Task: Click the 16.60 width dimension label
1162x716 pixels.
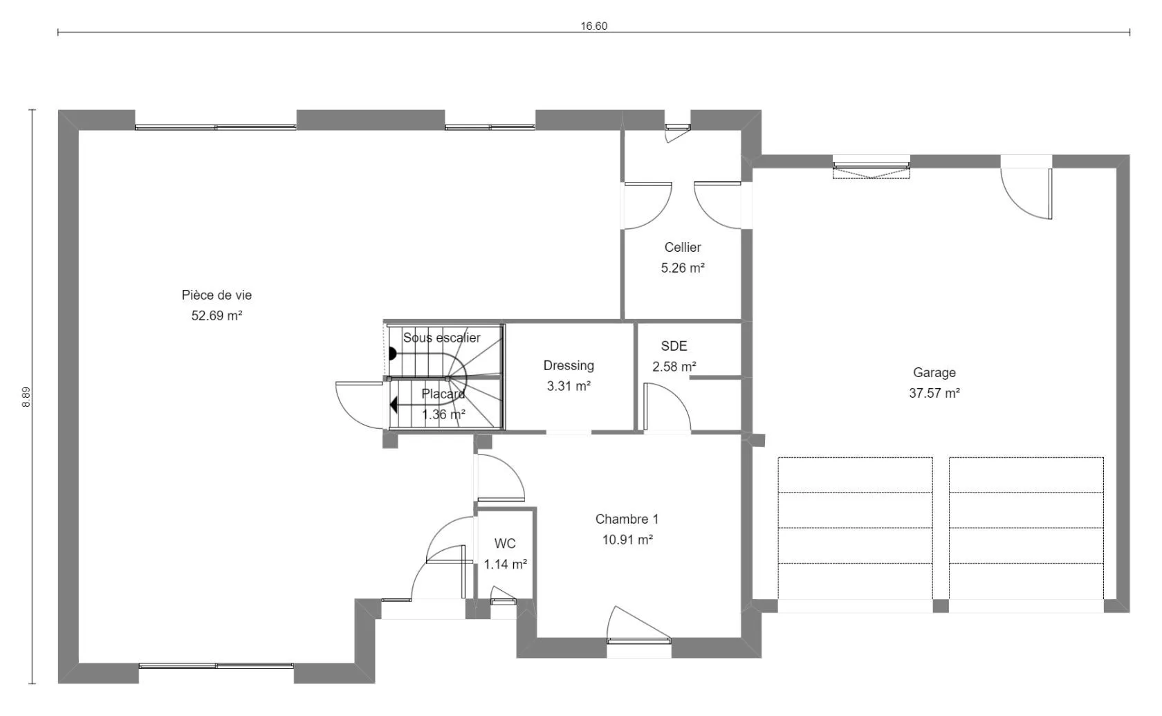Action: pyautogui.click(x=593, y=26)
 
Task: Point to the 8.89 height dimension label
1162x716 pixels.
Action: pyautogui.click(x=26, y=397)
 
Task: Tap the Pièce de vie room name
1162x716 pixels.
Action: pyautogui.click(x=217, y=295)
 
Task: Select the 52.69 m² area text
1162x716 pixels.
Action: pyautogui.click(x=217, y=315)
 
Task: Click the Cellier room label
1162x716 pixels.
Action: pyautogui.click(x=683, y=248)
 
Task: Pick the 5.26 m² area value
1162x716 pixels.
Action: pyautogui.click(x=683, y=268)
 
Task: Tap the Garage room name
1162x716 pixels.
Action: pyautogui.click(x=934, y=372)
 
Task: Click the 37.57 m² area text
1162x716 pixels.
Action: pyautogui.click(x=934, y=393)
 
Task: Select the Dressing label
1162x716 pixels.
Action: pyautogui.click(x=569, y=366)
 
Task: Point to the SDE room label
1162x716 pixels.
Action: pyautogui.click(x=674, y=346)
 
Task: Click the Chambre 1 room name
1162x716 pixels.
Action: pyautogui.click(x=627, y=519)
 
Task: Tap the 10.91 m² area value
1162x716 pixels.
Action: pyautogui.click(x=627, y=540)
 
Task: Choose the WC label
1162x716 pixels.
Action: pyautogui.click(x=505, y=543)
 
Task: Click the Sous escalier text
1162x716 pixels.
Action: pyautogui.click(x=441, y=338)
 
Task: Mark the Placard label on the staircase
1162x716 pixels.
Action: pyautogui.click(x=443, y=394)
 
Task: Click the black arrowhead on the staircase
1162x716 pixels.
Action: pyautogui.click(x=394, y=404)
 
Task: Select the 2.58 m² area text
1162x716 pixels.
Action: pyautogui.click(x=674, y=367)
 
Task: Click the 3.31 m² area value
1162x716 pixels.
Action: pyautogui.click(x=569, y=386)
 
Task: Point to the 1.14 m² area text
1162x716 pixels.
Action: pyautogui.click(x=505, y=564)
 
